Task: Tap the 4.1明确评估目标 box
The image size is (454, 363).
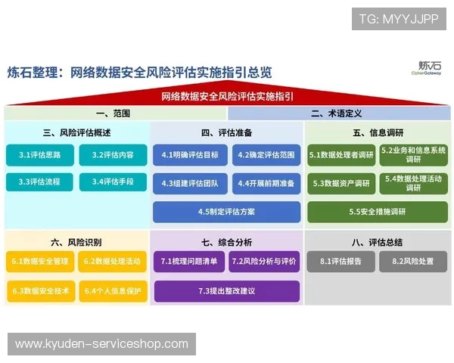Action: point(190,155)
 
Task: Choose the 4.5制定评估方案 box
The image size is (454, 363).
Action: point(226,212)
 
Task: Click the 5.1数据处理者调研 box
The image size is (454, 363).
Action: point(341,155)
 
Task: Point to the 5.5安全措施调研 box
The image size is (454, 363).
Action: point(377,212)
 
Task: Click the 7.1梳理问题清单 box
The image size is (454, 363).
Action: point(189,262)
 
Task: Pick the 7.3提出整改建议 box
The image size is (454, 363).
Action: point(226,290)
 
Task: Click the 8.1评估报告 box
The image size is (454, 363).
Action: point(340,262)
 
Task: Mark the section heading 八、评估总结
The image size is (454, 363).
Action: point(377,242)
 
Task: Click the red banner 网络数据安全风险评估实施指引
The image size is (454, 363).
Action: point(227,97)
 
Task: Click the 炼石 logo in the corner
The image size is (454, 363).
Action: point(429,69)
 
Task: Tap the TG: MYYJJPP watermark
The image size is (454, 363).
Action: point(399,18)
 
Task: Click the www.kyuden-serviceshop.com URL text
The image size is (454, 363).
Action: point(102,344)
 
